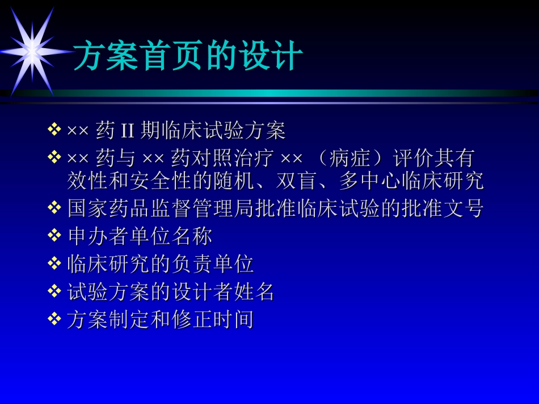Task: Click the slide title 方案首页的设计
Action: point(188,56)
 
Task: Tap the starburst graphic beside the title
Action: point(32,51)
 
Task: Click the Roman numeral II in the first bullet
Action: point(127,131)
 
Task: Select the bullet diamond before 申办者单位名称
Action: point(54,235)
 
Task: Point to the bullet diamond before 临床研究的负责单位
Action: point(54,263)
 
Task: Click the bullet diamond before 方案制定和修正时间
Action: point(54,319)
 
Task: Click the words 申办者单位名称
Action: point(140,236)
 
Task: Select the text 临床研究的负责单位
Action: point(161,264)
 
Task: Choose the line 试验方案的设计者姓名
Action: point(171,292)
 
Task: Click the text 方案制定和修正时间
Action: point(161,320)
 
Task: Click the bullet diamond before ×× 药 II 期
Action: point(54,130)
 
